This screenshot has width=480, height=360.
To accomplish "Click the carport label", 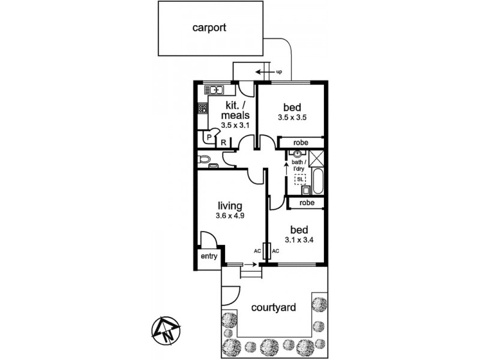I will click(x=209, y=27).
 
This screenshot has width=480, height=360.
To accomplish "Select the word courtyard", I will click(x=274, y=308).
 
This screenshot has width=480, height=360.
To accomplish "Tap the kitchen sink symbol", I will click(x=214, y=90).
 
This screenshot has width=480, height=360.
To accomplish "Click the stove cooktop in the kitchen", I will click(x=202, y=109).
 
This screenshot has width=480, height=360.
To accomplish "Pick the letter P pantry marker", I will click(x=209, y=137).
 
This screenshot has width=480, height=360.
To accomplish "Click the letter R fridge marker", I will click(x=223, y=142).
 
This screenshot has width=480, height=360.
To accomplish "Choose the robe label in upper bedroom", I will click(x=301, y=143).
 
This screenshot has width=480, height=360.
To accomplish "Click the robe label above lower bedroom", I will click(x=306, y=203).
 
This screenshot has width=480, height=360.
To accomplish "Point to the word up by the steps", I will click(x=279, y=72).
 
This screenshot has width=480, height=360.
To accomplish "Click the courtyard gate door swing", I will click(x=229, y=295).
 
